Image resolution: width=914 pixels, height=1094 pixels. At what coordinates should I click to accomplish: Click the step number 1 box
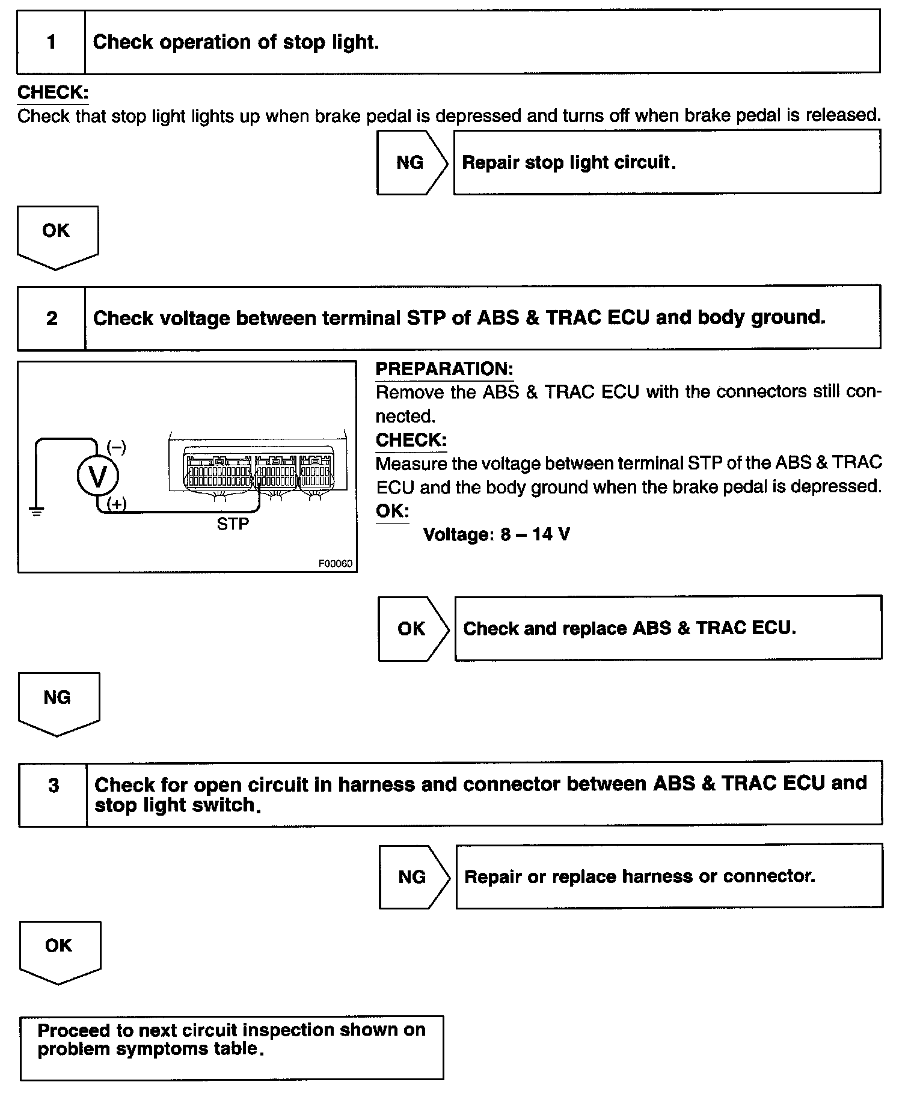point(51,42)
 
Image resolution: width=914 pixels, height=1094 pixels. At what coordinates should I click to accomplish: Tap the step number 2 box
point(52,318)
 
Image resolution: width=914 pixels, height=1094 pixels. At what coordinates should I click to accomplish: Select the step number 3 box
point(54,785)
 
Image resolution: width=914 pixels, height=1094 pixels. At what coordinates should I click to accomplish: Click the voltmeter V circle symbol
point(97,476)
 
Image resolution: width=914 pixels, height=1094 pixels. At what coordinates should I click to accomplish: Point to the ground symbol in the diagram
point(37,512)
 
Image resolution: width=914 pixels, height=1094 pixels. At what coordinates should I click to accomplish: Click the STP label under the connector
point(233,524)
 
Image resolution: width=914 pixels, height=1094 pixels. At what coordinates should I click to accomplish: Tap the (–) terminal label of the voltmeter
point(116,447)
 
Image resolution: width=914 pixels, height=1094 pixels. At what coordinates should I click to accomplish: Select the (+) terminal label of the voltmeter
point(116,504)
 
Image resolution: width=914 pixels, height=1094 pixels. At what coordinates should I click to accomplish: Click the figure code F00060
point(335,564)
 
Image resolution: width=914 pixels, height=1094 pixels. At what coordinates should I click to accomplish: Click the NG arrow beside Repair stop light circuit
point(411,163)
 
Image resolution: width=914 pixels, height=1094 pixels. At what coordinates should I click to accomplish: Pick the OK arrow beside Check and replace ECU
point(412,629)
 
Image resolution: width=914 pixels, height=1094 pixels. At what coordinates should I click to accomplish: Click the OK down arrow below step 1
point(57,235)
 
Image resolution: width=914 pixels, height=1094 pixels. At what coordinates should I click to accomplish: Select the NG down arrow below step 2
point(58,701)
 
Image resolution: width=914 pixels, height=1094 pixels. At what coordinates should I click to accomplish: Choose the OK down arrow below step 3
point(59,950)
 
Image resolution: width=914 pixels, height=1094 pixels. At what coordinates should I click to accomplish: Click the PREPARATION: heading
point(444,369)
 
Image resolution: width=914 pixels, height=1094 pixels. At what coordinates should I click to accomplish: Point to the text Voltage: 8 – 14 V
point(497,534)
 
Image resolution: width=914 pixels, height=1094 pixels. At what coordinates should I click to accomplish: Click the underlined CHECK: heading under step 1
point(53,93)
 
